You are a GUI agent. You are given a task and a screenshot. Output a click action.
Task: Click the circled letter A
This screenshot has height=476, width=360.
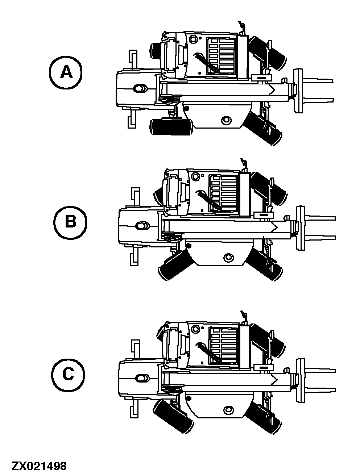pyautogui.click(x=66, y=72)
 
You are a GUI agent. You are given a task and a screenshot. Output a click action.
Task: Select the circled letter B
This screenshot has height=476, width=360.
pyautogui.click(x=70, y=223)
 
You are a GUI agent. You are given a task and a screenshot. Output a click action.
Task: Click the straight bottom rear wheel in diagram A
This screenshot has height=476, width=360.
pyautogui.click(x=171, y=127)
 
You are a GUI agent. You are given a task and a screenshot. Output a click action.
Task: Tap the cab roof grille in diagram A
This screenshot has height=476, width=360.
pyautogui.click(x=221, y=56)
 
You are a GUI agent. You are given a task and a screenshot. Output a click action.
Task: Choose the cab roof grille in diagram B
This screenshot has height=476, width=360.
pyautogui.click(x=223, y=193)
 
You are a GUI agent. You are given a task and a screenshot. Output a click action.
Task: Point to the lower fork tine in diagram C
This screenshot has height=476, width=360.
pyautogui.click(x=320, y=391)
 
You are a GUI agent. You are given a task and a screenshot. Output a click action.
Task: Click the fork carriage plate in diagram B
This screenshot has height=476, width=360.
pyautogui.click(x=301, y=228)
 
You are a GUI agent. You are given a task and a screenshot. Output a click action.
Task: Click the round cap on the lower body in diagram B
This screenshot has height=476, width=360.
pyautogui.click(x=228, y=257)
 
